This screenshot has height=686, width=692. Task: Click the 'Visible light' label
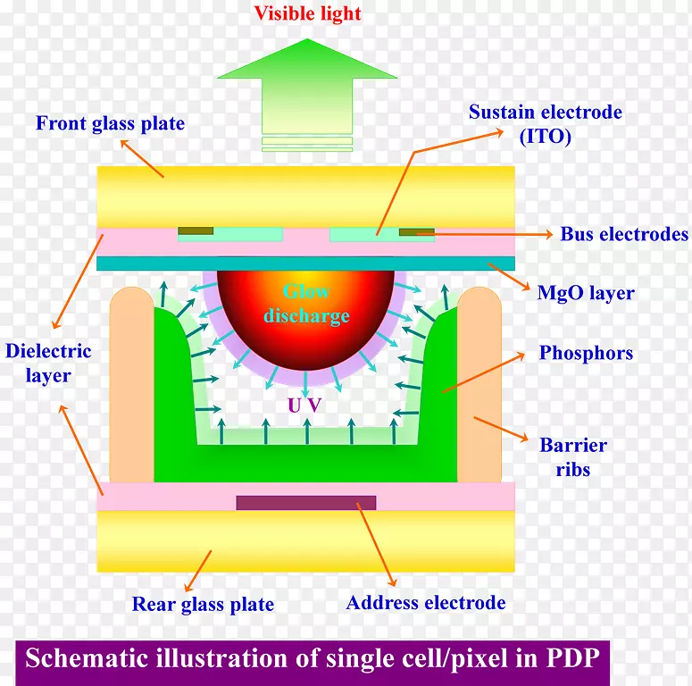point(307,13)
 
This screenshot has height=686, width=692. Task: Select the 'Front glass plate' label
point(110,124)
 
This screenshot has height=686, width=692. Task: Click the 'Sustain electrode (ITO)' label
point(545,124)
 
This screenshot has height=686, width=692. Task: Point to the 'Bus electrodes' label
point(624,235)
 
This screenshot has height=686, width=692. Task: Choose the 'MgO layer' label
point(587,292)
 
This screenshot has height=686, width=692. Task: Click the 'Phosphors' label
point(586,353)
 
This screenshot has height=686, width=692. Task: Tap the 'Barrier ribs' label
point(572,456)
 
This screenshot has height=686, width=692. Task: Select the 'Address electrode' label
point(426,603)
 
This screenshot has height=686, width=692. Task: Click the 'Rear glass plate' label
point(203,605)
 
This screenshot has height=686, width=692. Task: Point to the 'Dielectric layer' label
point(48,363)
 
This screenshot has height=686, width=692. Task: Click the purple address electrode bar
point(305,502)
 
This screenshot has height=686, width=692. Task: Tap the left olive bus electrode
point(196,231)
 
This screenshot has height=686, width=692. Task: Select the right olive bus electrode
point(416,232)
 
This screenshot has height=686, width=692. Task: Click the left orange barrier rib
point(131,384)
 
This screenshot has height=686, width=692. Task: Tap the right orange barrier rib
point(479,384)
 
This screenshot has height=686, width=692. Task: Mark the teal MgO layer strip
point(305,263)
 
